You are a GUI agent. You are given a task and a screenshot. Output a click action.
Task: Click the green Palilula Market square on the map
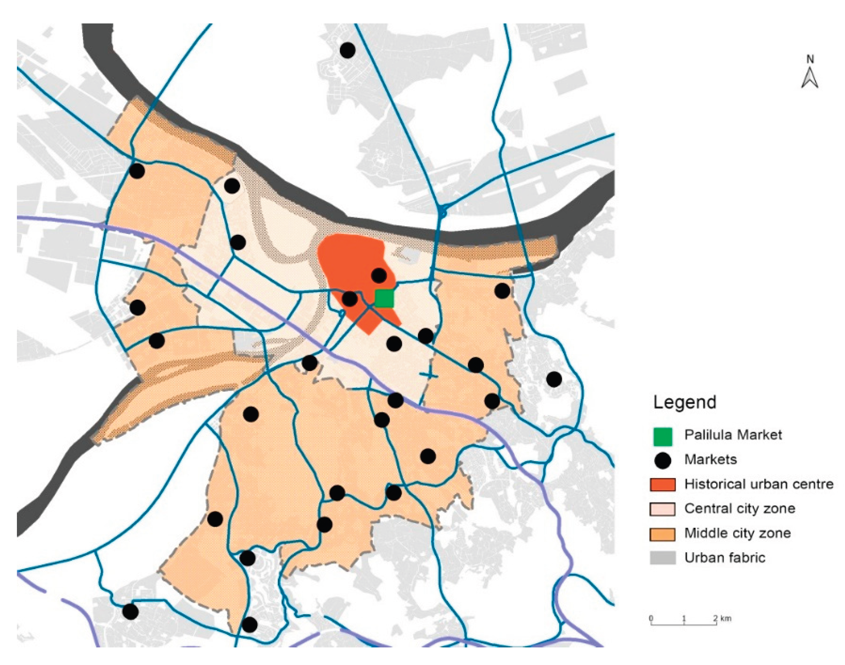[x=384, y=299]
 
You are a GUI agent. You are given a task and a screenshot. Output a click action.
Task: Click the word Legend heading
[x=684, y=402]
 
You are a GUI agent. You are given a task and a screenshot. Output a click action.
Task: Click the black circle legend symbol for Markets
[x=662, y=460]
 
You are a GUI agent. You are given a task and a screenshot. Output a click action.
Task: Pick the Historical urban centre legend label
[x=759, y=484]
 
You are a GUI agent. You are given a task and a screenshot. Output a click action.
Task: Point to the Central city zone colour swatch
[x=662, y=509]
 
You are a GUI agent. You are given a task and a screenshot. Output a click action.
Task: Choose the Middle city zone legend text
[x=737, y=533]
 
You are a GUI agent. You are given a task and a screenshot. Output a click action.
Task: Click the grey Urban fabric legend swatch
[x=662, y=557]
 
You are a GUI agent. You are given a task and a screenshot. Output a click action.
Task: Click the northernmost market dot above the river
[x=347, y=50]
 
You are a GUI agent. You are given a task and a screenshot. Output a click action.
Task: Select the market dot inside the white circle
[x=232, y=186]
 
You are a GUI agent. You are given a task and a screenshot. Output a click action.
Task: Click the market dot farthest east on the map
[x=554, y=379]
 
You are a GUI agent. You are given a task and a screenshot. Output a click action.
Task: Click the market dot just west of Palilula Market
[x=350, y=299]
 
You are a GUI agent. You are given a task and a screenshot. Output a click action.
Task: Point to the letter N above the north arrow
[x=810, y=59]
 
